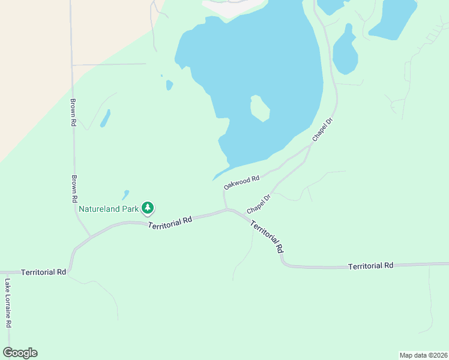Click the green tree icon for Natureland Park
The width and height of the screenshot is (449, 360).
point(148,208)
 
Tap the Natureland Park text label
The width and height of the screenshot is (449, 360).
point(109,209)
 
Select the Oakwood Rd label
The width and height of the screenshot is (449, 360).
point(241,182)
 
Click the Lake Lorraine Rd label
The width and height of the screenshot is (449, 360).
point(8,303)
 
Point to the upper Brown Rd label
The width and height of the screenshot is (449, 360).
point(73,112)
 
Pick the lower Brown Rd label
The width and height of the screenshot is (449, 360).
point(74,188)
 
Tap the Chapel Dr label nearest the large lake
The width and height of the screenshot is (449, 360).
point(322,130)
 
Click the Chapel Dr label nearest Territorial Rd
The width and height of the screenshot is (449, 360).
point(259,203)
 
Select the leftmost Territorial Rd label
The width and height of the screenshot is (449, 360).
point(43,272)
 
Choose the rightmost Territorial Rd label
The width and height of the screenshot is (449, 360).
point(371,265)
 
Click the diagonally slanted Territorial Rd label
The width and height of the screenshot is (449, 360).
point(267,236)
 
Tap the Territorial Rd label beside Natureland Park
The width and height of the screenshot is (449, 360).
point(170,221)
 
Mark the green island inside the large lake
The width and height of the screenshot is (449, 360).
point(260,109)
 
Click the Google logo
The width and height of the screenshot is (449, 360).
point(20,353)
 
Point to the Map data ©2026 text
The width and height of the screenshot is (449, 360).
point(423,355)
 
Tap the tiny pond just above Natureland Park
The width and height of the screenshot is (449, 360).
point(125,194)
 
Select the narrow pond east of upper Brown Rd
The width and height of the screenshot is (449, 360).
point(105,118)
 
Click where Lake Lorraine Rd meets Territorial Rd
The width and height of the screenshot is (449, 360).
point(8,272)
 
